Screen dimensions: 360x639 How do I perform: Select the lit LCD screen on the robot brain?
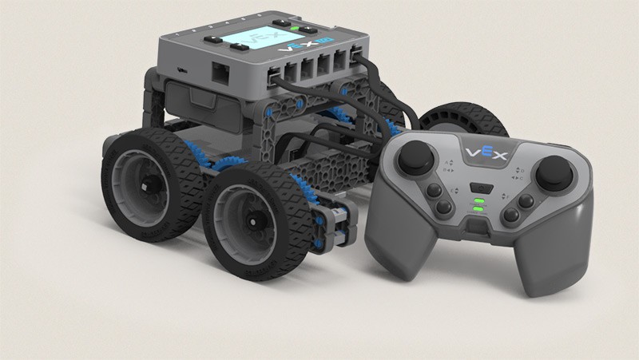254,41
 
